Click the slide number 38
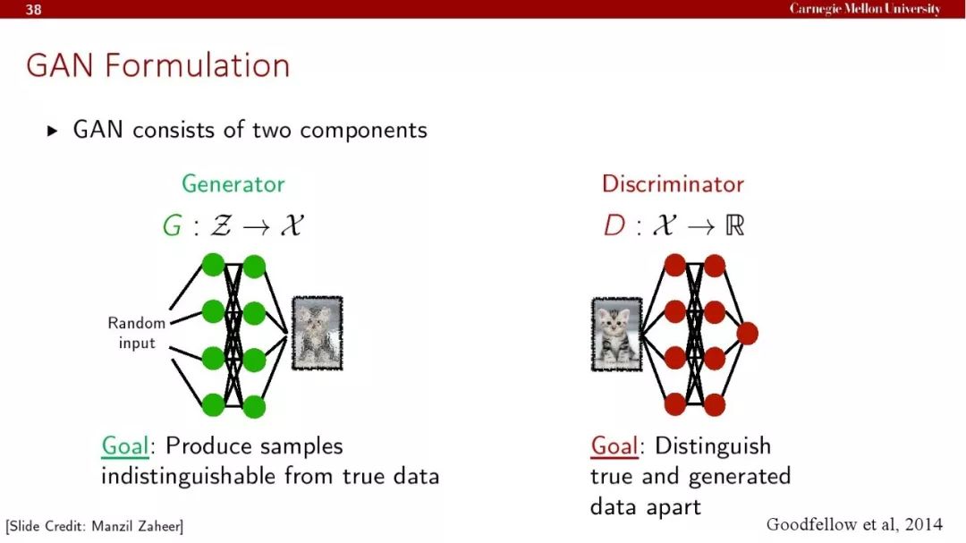(x=33, y=9)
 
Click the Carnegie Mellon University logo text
(x=865, y=9)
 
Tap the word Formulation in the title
(x=197, y=65)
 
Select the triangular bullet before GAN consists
(x=53, y=131)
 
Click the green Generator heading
(x=233, y=183)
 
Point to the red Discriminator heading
(x=673, y=183)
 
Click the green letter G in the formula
(x=172, y=225)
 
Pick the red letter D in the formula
(x=614, y=225)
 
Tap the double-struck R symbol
(x=735, y=225)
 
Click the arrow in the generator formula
(x=257, y=227)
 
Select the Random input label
(x=137, y=333)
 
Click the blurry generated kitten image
(x=318, y=334)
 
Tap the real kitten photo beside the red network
(x=616, y=335)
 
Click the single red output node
(x=747, y=334)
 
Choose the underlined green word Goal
(x=125, y=445)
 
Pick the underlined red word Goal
(x=614, y=445)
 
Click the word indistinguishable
(x=188, y=477)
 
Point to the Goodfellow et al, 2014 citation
(x=854, y=524)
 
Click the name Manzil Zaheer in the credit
(x=136, y=526)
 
